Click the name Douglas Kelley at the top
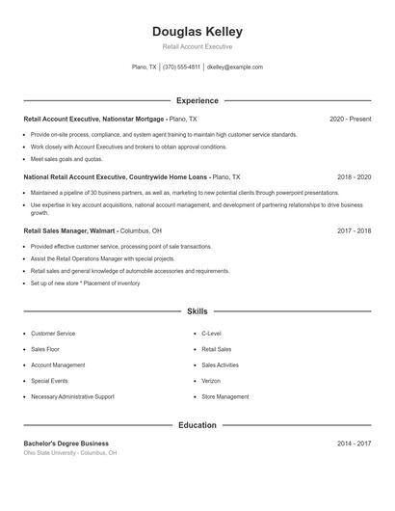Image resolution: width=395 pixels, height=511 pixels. (x=197, y=32)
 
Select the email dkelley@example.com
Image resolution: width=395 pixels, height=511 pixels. (x=235, y=67)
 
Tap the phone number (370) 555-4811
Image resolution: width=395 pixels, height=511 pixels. (x=181, y=67)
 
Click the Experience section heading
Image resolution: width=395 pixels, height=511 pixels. (x=197, y=100)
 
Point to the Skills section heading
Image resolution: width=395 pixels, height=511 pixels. (x=197, y=311)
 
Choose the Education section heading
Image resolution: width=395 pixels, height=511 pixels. (x=197, y=425)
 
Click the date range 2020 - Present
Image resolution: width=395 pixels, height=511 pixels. (x=350, y=119)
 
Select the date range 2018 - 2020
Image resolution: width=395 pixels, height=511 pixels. (x=354, y=177)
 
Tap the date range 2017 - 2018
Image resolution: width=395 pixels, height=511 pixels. (x=354, y=231)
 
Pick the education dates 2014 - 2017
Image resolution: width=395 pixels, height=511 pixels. (x=354, y=443)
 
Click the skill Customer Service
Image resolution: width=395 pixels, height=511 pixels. (x=53, y=334)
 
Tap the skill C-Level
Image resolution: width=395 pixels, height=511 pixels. (x=212, y=334)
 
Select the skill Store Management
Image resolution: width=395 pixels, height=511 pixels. (x=225, y=396)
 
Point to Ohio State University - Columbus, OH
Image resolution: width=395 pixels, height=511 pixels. (x=70, y=452)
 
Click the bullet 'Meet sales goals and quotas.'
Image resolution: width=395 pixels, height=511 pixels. (x=66, y=159)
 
